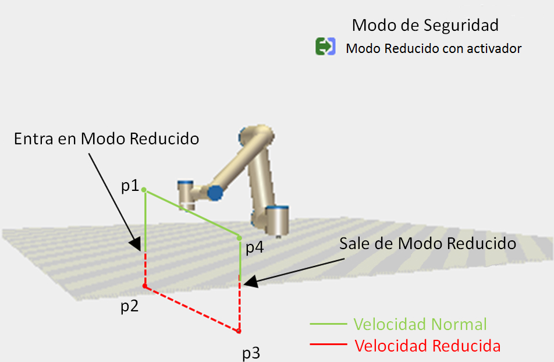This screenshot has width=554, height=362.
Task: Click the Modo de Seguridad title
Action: coord(425,26)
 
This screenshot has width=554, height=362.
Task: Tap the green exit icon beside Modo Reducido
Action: coord(325,47)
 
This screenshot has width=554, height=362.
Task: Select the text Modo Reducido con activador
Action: coord(434,49)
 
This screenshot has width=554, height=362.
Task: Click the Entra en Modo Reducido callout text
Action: coord(106,139)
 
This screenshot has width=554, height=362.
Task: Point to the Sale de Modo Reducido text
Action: coord(428,243)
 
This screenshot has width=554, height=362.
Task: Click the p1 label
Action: coord(130,186)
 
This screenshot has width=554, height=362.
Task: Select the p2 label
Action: coord(129,306)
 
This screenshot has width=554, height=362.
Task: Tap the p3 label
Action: coord(251,353)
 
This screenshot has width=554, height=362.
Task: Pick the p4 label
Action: coord(254,247)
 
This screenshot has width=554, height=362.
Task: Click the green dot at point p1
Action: coord(144,190)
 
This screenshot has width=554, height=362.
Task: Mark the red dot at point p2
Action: coord(145,286)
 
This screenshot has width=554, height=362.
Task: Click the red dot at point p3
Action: coord(239,332)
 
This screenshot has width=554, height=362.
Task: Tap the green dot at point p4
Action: coord(239,237)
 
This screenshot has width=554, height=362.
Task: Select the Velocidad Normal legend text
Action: coord(420,324)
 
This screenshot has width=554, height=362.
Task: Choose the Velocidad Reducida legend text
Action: coord(428,346)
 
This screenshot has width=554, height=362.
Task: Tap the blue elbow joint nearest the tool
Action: coord(215,193)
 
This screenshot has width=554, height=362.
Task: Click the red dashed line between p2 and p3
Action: coord(192,309)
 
